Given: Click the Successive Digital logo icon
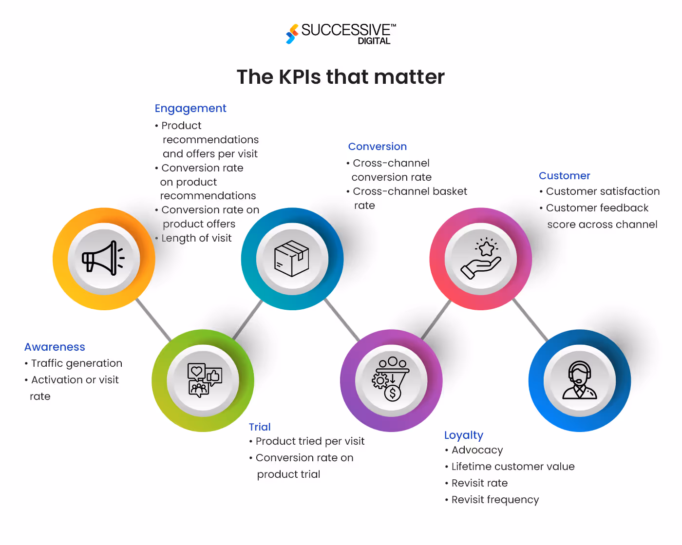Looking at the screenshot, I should coord(292,34).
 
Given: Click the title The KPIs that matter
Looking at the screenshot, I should coord(341,77).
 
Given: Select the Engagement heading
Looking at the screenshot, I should coord(190,108).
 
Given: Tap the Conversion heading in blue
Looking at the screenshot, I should coord(377,147).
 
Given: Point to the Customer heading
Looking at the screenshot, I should coord(564,176).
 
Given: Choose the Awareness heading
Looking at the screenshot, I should coord(55,347).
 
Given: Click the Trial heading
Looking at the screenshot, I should coord(260,427).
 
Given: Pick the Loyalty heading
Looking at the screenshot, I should coord(463,435).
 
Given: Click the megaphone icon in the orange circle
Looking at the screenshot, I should coord(103,259).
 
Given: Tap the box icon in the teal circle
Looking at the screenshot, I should coord(292,259).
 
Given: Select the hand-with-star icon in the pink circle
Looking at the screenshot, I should coord(481,259).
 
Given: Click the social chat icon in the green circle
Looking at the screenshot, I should coord(204,380).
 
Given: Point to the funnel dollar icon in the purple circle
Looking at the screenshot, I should coord(391,379).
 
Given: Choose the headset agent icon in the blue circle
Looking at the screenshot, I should coord(579,380).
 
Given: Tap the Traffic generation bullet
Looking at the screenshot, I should coord(76,363).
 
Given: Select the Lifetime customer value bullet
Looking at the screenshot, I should coord(512,467).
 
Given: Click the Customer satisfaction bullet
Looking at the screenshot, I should coord(602,191).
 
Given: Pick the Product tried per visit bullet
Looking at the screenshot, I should coord(309,441).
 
